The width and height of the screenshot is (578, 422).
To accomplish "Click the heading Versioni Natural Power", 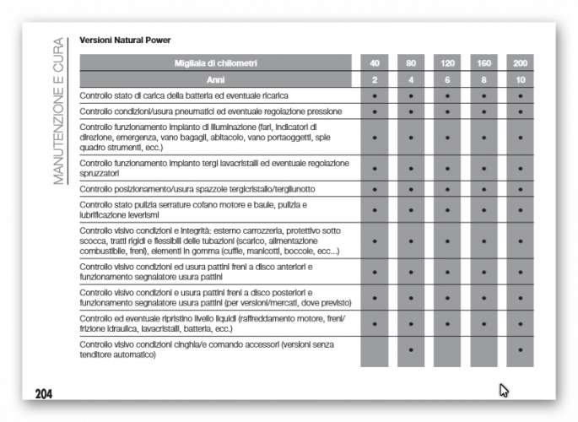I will click(x=124, y=40).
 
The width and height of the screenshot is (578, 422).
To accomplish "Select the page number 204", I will click(x=45, y=393).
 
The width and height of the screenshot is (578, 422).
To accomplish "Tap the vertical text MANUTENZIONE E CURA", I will click(x=58, y=110).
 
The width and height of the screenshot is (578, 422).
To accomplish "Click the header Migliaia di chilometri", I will click(x=216, y=63).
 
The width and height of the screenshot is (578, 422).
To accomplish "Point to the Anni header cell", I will click(x=216, y=79).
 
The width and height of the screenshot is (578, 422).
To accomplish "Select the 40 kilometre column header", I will click(x=374, y=63).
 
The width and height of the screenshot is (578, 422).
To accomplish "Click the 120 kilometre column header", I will click(x=447, y=63).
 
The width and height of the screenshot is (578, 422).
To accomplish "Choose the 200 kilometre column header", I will click(x=520, y=63).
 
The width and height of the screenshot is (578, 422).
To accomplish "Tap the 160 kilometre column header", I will click(x=483, y=63).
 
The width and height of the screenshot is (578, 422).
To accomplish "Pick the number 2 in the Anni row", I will click(x=374, y=79).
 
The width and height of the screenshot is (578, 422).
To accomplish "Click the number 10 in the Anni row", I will click(x=520, y=79).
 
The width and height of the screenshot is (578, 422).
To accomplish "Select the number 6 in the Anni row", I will click(x=447, y=79).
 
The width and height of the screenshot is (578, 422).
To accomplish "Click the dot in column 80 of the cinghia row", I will click(x=411, y=349).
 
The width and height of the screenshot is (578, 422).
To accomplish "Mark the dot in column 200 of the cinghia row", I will click(x=520, y=349).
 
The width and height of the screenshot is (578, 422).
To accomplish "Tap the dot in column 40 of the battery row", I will click(x=374, y=96).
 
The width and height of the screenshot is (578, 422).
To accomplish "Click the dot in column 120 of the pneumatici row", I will click(x=447, y=111).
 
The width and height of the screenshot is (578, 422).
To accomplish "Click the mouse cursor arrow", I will click(x=504, y=390).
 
